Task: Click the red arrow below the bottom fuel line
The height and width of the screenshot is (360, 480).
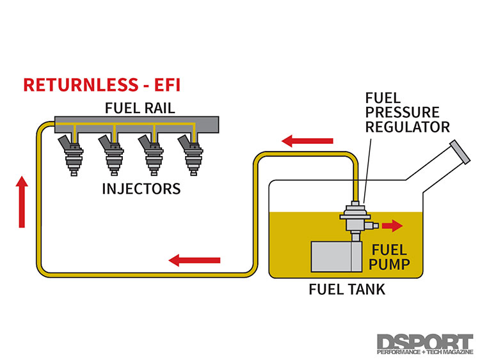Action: [x=195, y=260]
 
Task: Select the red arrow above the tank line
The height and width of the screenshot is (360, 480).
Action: [x=308, y=141]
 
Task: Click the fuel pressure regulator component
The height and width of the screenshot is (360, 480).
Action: [x=354, y=215]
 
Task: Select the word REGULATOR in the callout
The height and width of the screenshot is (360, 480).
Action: [x=407, y=127]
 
